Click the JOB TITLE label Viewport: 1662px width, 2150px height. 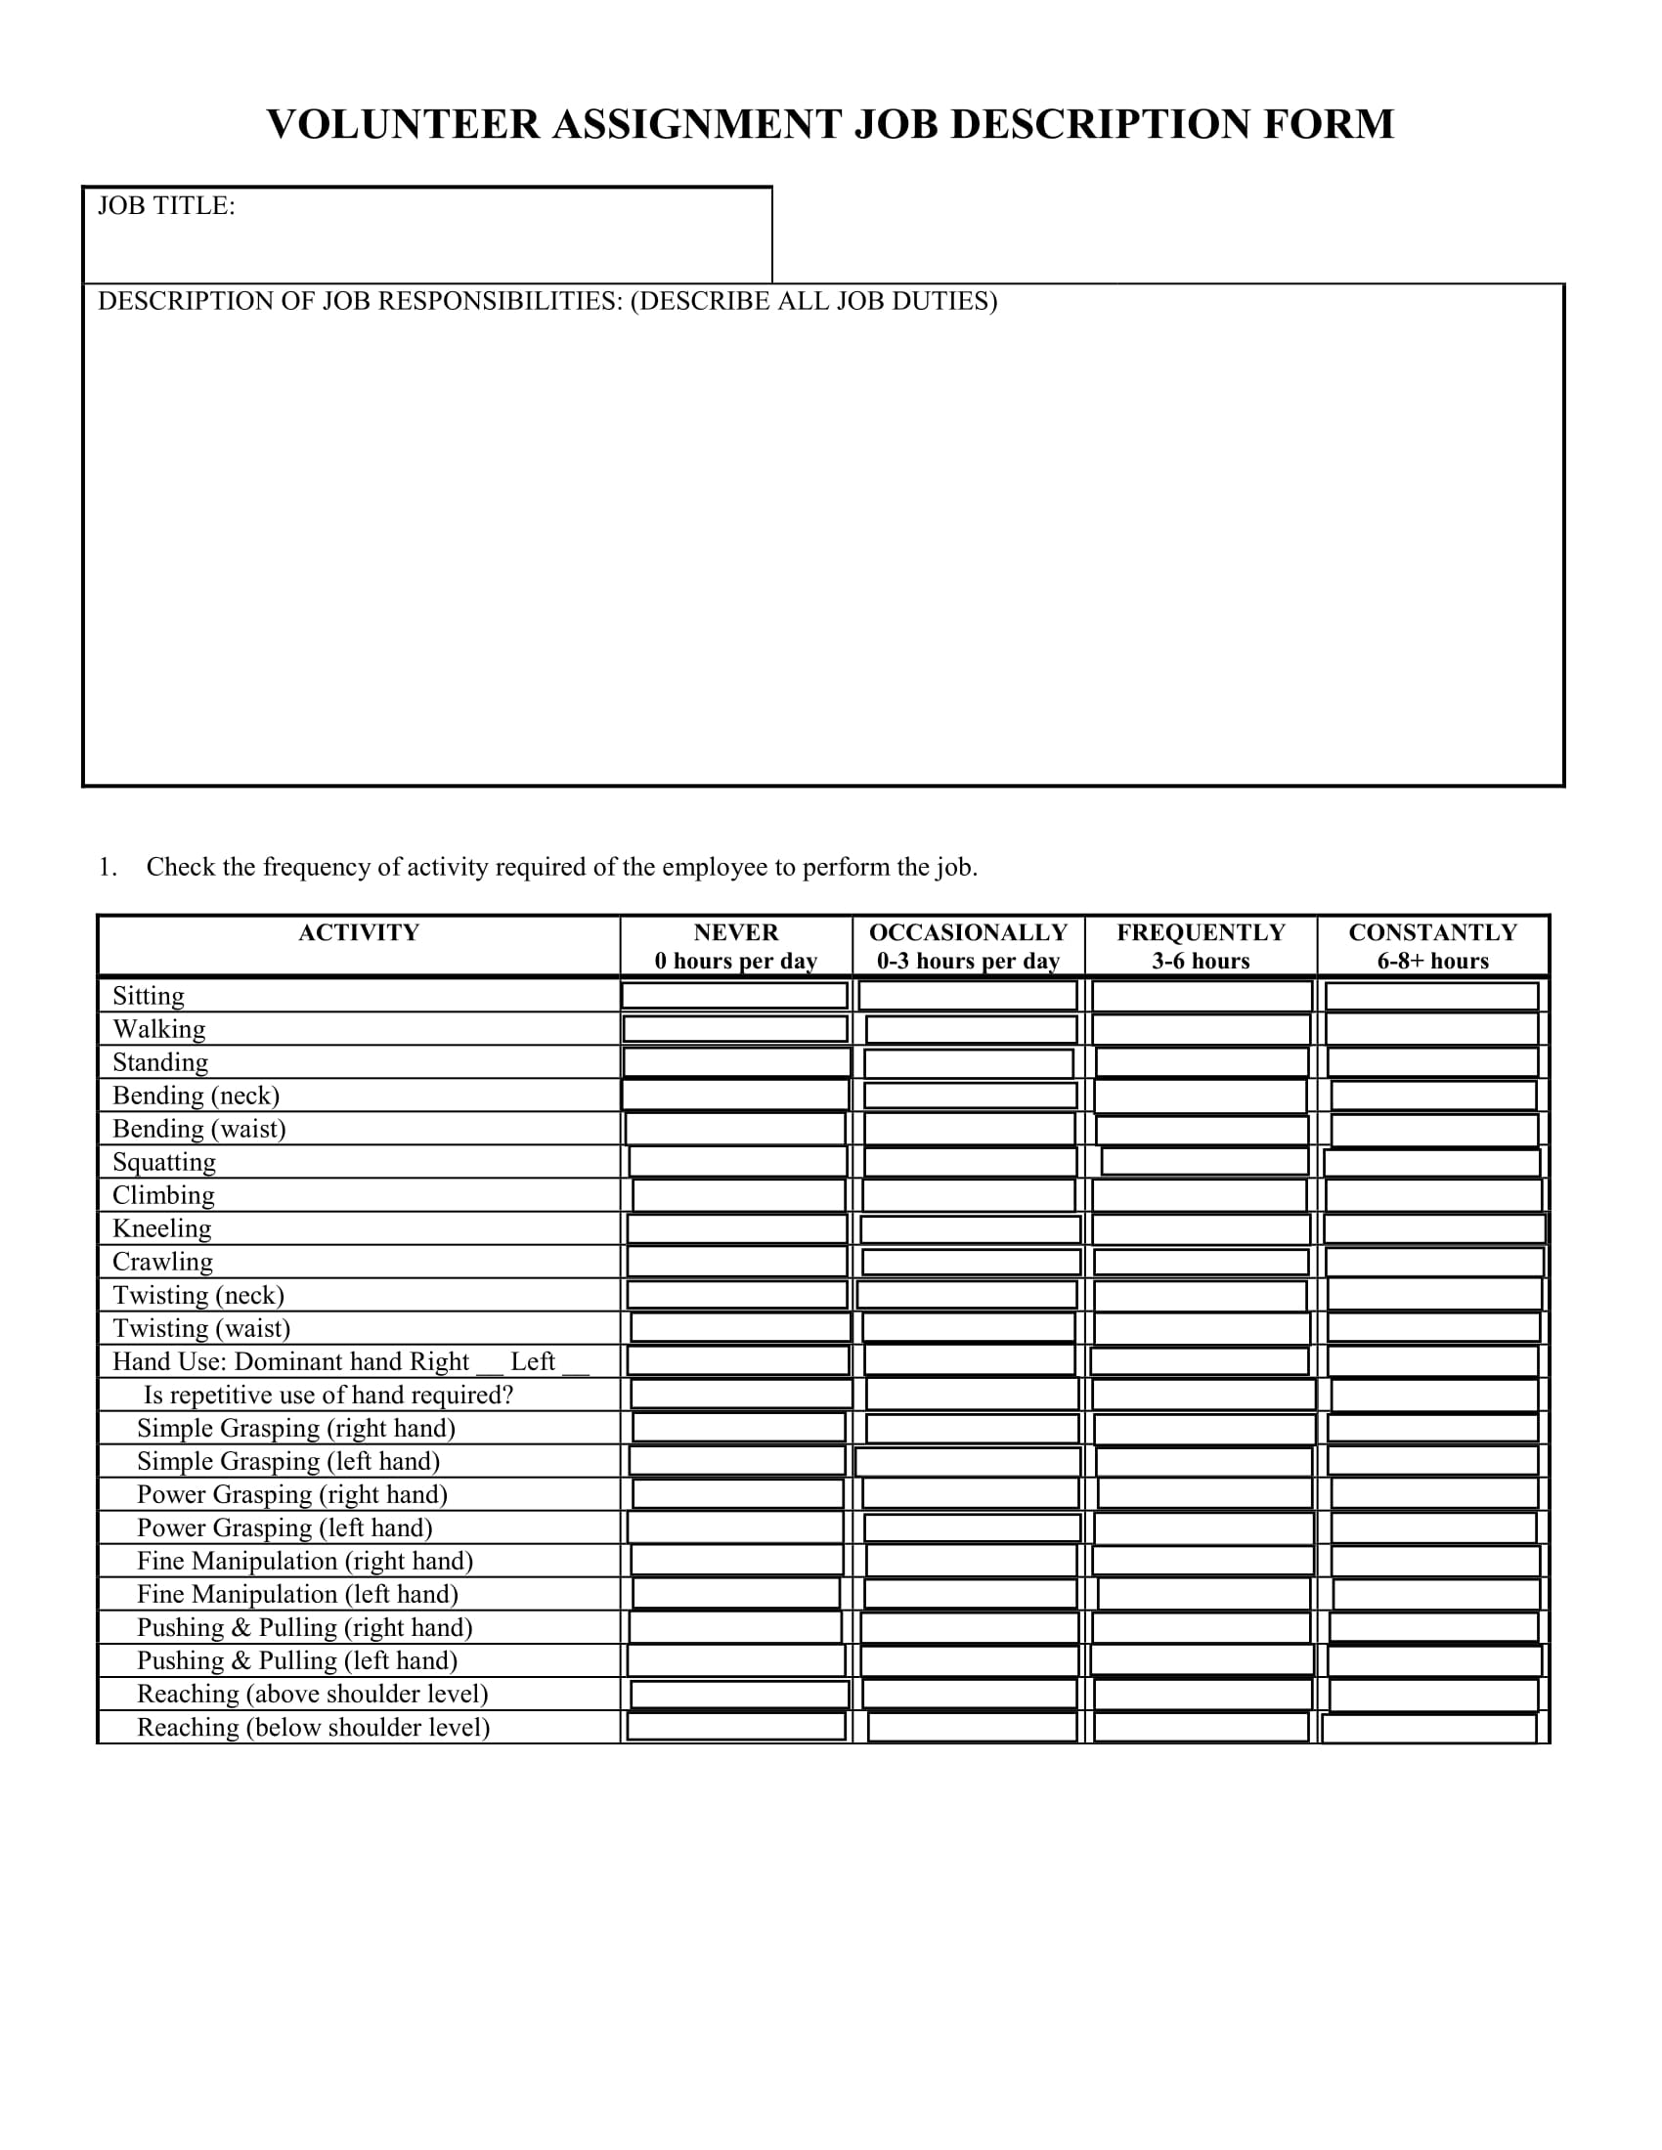tap(166, 206)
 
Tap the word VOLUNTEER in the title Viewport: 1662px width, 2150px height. tap(404, 125)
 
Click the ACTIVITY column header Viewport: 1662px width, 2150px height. tap(359, 932)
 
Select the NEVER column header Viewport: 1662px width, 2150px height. tap(735, 932)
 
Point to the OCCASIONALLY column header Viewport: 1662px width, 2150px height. tap(968, 932)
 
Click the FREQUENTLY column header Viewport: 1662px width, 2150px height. tap(1201, 932)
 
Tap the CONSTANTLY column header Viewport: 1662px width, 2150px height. tap(1432, 932)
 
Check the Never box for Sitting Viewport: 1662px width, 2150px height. tap(734, 995)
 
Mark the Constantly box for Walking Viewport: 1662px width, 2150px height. tap(1431, 1029)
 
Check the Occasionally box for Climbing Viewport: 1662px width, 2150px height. tap(969, 1195)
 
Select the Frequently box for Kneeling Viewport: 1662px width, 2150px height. tap(1202, 1228)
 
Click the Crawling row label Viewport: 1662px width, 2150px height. tap(162, 1262)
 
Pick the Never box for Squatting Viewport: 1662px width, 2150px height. tap(737, 1162)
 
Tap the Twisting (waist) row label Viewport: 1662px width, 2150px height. tap(200, 1328)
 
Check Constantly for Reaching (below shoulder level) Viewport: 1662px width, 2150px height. tap(1429, 1728)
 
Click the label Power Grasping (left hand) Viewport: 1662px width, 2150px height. tap(284, 1527)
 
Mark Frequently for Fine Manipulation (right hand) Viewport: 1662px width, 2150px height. tap(1203, 1562)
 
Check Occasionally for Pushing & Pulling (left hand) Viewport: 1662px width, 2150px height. tap(970, 1660)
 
